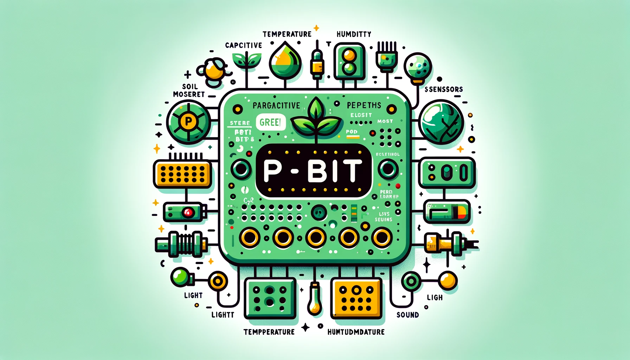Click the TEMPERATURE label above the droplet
[x=287, y=34]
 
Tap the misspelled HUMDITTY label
[x=354, y=34]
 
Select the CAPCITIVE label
[x=244, y=45]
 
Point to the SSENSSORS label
[x=444, y=89]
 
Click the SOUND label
[x=407, y=315]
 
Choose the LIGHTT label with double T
[x=223, y=315]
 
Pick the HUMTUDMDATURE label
[x=356, y=332]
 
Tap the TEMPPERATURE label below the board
[x=269, y=332]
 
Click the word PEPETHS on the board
[x=364, y=105]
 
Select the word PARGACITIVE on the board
[x=276, y=105]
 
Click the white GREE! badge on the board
[x=270, y=122]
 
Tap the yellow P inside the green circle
[x=188, y=122]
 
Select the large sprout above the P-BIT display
[x=316, y=118]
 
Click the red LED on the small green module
[x=188, y=212]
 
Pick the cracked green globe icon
[x=442, y=122]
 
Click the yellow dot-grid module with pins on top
[x=182, y=173]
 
